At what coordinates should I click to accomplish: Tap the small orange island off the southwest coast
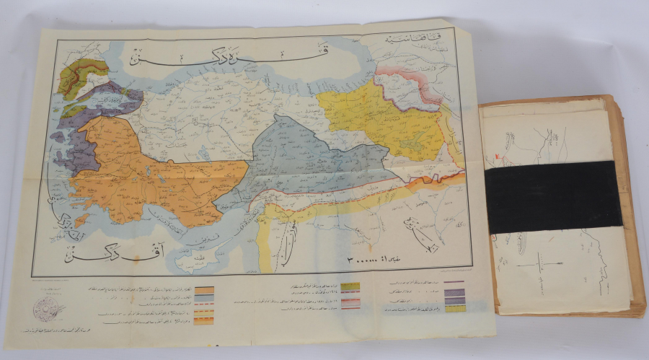tap(81, 218)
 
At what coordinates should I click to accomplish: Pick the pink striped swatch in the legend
tap(351, 304)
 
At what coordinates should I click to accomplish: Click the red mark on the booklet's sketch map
tap(497, 154)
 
